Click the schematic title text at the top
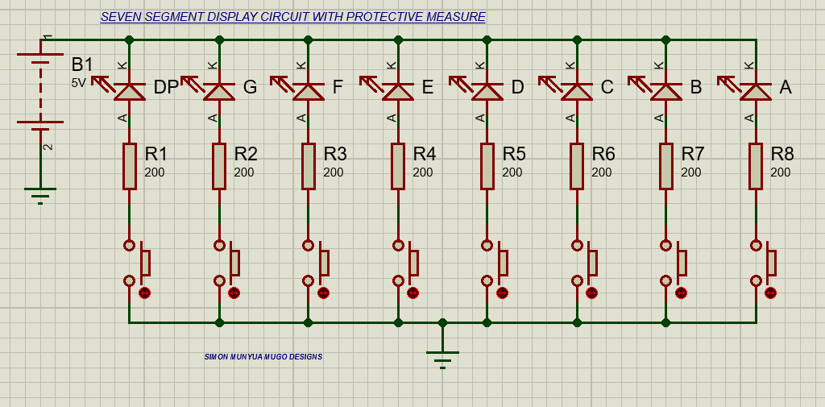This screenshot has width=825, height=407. click(292, 17)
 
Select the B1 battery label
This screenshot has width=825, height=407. click(82, 64)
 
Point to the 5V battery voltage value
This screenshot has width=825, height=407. click(78, 82)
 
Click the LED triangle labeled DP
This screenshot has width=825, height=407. click(129, 90)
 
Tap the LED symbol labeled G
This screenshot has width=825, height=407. click(218, 90)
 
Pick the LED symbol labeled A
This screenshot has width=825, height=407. click(755, 90)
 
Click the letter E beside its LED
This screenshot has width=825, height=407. click(427, 88)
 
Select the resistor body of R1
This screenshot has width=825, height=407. click(129, 166)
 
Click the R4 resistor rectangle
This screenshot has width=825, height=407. click(398, 166)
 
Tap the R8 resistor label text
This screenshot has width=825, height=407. click(781, 154)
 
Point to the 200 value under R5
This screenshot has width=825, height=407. click(512, 172)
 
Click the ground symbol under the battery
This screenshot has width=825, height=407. click(40, 194)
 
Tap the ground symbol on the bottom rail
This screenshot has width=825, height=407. click(442, 355)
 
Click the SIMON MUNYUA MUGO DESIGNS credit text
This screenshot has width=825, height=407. click(263, 356)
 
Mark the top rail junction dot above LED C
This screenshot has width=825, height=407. click(577, 39)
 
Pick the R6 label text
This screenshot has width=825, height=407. click(603, 154)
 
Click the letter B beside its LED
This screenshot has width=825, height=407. click(695, 88)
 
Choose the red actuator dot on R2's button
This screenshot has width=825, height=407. click(234, 293)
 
